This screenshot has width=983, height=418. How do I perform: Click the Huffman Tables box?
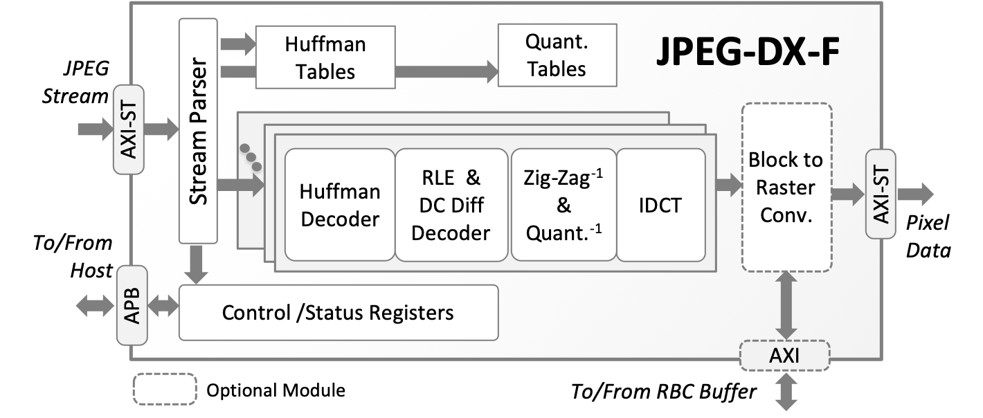325,57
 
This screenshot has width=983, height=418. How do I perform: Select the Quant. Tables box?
557,56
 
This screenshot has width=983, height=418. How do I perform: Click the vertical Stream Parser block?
198,131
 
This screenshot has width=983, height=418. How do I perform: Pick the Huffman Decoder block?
340,205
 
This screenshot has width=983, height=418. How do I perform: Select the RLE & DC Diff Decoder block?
451,205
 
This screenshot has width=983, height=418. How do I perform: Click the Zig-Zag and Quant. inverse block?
563,205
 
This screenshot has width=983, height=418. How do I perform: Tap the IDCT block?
660,205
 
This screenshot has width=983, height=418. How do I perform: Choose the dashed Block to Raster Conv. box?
786,188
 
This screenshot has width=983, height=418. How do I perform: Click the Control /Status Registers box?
338,312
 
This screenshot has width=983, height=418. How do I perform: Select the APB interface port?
132,305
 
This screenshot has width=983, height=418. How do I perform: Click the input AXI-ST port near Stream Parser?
128,129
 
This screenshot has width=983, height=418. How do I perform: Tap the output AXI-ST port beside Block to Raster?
881,194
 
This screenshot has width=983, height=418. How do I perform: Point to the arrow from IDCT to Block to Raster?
728,185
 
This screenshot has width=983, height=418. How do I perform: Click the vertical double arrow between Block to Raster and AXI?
786,305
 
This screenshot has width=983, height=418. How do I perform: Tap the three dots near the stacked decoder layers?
250,158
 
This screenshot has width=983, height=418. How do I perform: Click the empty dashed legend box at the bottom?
165,389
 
